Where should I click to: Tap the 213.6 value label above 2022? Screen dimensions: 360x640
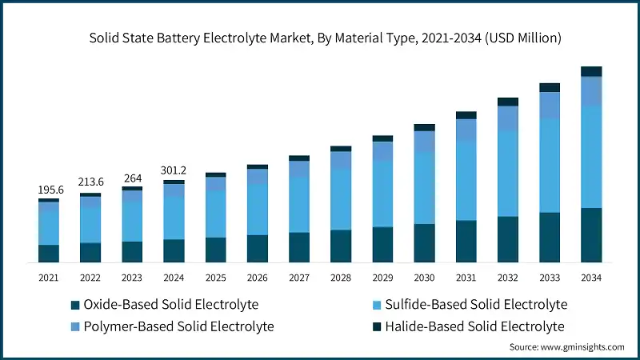[90, 182]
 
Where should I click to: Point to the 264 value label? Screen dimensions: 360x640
[132, 178]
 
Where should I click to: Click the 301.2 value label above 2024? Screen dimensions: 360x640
[174, 170]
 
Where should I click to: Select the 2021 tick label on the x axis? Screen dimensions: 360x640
[49, 277]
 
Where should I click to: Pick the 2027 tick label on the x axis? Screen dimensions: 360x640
[299, 277]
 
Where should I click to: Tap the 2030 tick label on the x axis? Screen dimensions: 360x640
[424, 277]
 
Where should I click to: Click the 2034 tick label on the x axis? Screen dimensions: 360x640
[591, 277]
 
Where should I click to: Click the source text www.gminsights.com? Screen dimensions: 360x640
[566, 346]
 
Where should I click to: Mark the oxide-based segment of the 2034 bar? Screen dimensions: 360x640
[591, 235]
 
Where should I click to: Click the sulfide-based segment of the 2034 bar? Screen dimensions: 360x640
[591, 157]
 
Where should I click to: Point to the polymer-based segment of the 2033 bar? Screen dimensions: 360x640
[550, 106]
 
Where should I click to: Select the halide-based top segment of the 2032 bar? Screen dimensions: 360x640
[508, 102]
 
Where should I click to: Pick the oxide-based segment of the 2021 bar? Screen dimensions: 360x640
[49, 254]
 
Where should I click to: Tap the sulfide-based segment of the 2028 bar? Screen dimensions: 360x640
[341, 199]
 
